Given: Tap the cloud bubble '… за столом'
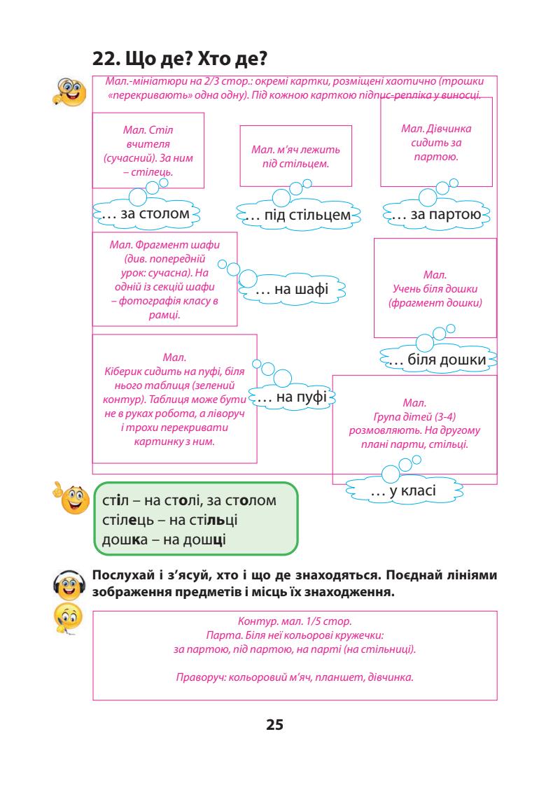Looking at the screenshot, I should (146, 213).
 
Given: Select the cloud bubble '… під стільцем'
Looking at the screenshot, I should (297, 214).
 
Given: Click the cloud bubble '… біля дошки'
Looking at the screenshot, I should (437, 360).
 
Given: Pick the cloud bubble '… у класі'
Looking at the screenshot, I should (403, 491).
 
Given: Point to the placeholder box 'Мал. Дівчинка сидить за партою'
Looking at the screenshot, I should (436, 142).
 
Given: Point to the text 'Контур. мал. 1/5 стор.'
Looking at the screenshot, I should (294, 621).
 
